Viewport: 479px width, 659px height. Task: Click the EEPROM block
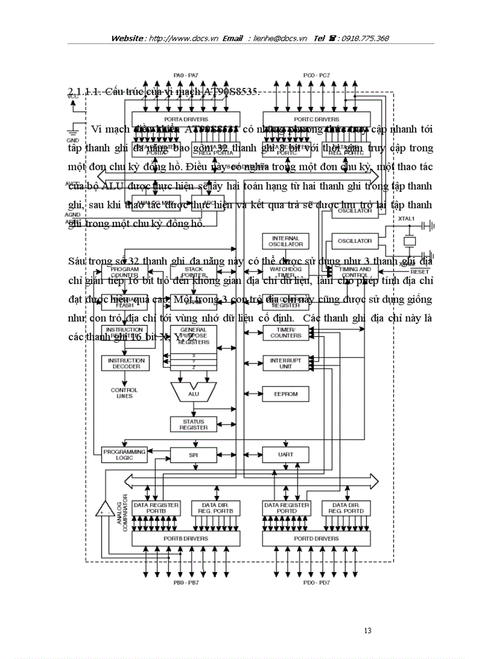pos(285,394)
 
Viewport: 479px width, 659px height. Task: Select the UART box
pos(285,454)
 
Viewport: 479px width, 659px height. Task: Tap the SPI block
pos(193,454)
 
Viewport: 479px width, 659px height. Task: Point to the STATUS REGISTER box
pos(193,424)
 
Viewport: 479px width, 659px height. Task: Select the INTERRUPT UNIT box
pos(285,363)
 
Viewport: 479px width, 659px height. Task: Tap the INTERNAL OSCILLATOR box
pos(286,241)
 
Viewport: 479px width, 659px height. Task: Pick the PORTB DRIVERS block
pos(185,538)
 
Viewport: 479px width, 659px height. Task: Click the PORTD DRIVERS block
pos(316,538)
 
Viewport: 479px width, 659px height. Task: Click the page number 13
pos(367,631)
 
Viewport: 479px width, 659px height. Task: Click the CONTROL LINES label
pos(124,393)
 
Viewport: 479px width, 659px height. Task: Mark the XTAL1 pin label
pos(407,218)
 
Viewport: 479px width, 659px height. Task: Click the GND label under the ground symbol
pos(72,140)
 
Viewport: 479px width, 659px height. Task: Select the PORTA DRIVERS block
pos(185,119)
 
